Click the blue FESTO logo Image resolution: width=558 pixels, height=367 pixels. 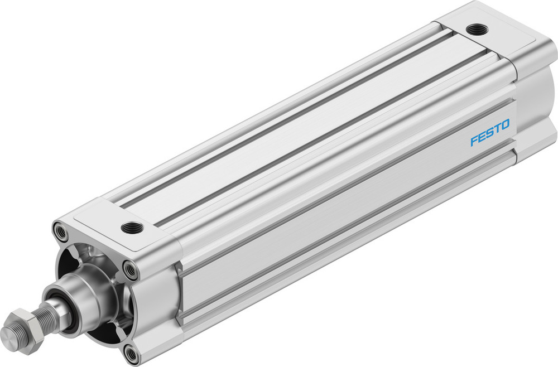(x=490, y=133)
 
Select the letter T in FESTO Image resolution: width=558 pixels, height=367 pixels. (x=497, y=131)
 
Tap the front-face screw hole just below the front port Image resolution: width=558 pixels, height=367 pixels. (x=131, y=270)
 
